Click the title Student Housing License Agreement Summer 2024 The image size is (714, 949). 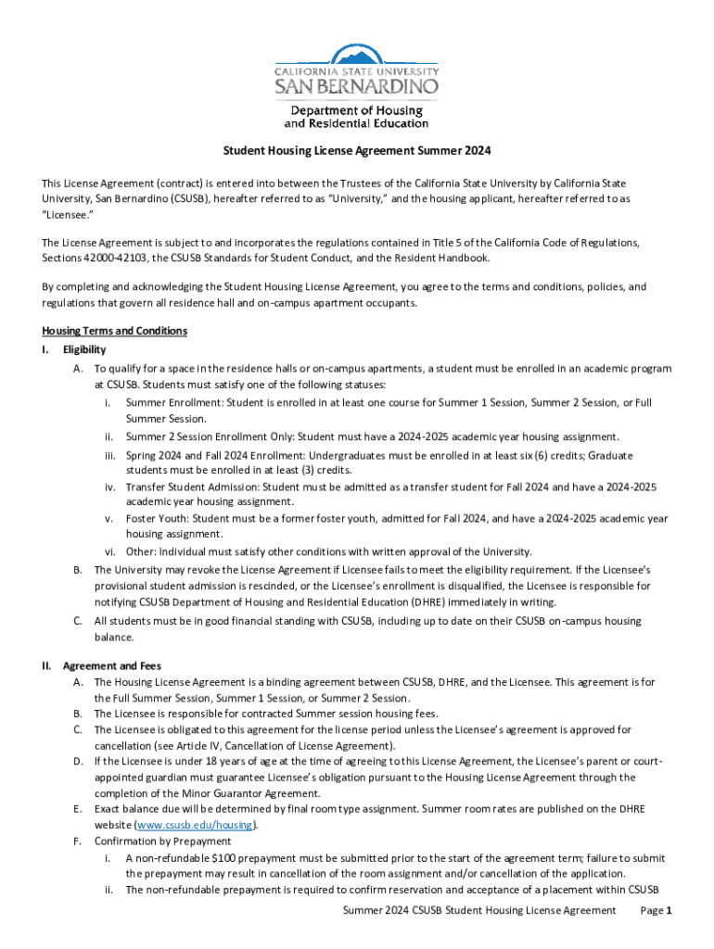(x=356, y=150)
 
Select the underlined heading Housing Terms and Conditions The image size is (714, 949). (x=115, y=331)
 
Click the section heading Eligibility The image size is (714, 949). (x=84, y=349)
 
